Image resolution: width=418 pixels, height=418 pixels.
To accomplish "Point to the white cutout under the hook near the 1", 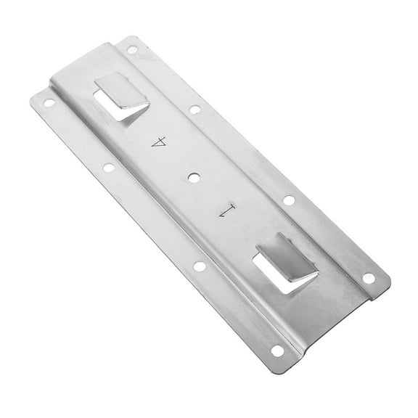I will (x=290, y=278).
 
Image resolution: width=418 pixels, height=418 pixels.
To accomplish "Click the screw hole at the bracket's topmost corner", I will (x=132, y=50).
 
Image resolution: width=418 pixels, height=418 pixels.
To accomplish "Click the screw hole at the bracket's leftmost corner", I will (x=49, y=102).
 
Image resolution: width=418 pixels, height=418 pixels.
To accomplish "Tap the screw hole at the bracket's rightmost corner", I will (x=369, y=278).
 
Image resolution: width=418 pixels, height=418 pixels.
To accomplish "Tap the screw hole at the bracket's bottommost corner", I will (x=277, y=351).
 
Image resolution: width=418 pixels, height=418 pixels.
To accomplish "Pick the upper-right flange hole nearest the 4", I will (x=194, y=110).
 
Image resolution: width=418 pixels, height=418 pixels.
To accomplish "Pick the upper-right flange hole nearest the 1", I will (x=289, y=200).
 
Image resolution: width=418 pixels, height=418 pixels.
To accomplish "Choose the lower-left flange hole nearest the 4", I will (x=108, y=167).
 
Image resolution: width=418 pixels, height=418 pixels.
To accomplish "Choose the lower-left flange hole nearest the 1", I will (x=199, y=266).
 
